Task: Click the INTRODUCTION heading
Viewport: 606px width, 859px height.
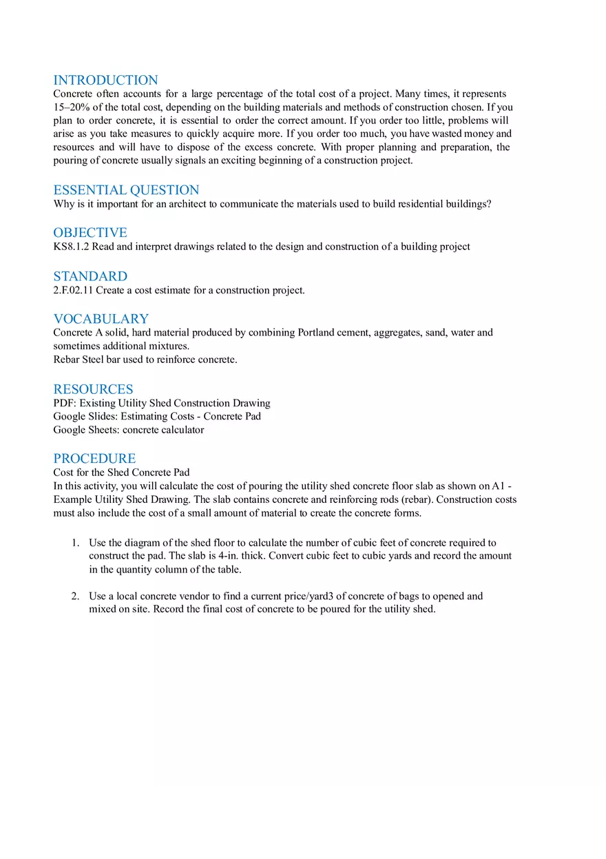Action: [x=105, y=80]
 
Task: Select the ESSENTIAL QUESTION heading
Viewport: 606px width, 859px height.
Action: [x=126, y=190]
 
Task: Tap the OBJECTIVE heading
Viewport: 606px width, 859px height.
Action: [x=90, y=233]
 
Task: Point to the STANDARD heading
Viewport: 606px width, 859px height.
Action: [x=90, y=276]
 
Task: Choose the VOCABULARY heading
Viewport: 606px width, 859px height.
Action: [x=101, y=319]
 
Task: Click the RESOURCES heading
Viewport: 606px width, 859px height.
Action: [x=93, y=389]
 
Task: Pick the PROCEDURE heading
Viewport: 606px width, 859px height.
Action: [x=94, y=459]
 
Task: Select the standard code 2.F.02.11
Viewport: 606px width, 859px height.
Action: [x=73, y=291]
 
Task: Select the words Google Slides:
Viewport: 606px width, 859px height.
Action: [x=85, y=417]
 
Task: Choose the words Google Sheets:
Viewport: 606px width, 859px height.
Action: [x=86, y=431]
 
